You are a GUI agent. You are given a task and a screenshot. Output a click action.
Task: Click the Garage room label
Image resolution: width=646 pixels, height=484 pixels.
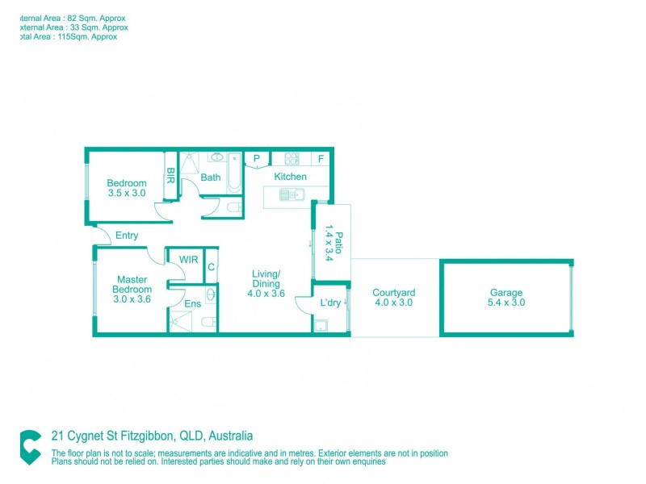[505, 293]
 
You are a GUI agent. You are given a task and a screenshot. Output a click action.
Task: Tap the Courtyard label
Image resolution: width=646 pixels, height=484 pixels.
[393, 293]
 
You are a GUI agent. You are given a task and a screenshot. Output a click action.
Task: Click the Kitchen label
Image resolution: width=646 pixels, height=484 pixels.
[290, 177]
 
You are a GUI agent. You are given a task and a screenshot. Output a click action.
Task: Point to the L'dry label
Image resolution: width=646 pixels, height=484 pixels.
[330, 302]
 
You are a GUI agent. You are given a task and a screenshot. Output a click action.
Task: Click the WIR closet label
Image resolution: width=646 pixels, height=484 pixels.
[188, 260]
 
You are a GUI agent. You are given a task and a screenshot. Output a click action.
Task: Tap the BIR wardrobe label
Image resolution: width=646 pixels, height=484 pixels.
[170, 176]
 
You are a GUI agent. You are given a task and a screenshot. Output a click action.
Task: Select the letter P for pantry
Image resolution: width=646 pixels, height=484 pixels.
[257, 159]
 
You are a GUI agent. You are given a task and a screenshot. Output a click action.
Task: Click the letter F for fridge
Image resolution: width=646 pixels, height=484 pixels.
[321, 159]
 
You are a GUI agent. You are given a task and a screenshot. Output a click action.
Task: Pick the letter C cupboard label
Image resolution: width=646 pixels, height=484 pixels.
[211, 267]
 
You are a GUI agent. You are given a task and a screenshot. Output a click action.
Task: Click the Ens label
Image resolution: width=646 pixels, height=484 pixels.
[193, 304]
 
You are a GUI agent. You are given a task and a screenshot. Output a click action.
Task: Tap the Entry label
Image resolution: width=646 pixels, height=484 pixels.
[127, 236]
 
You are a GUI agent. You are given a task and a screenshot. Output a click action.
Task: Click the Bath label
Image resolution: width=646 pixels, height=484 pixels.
[211, 177]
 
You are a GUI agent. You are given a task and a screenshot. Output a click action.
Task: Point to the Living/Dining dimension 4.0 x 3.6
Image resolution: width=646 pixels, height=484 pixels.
[266, 294]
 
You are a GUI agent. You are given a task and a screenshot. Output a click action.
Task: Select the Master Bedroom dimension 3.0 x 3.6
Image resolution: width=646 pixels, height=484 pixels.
[132, 299]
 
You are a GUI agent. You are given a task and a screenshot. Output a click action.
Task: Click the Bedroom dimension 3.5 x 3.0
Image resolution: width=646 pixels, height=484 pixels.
[127, 194]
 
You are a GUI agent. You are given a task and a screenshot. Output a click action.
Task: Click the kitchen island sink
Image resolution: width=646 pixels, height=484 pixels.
[290, 194]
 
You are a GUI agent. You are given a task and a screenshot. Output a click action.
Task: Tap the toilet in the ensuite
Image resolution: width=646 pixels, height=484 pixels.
[208, 323]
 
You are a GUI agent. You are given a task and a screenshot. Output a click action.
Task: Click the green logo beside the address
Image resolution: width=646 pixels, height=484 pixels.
[31, 447]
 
